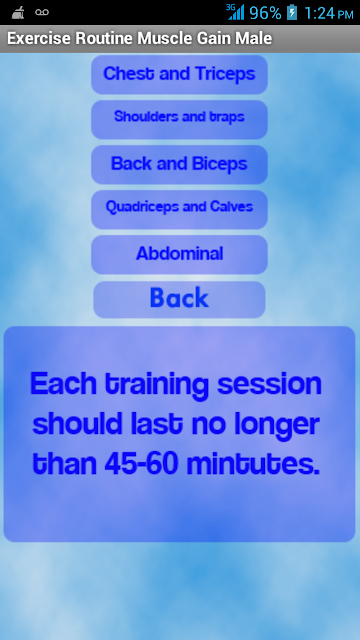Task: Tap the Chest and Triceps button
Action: pos(179,75)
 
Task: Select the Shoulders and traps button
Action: pos(179,120)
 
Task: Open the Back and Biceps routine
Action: pos(179,164)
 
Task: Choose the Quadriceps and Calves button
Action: pos(179,209)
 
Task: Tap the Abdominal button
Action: pos(179,254)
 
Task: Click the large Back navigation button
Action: pos(179,299)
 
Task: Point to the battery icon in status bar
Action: pos(292,13)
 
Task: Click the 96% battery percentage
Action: pos(265,13)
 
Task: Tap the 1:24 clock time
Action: pos(320,13)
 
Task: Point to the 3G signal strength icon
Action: pos(236,12)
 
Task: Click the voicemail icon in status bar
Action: pos(42,12)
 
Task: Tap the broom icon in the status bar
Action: pos(18,13)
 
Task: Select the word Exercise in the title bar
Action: pos(39,38)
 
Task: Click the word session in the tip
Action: pos(269,384)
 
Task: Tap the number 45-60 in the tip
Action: pos(142,464)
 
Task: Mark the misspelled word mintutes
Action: pos(253,464)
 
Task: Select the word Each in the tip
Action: pos(63,384)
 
